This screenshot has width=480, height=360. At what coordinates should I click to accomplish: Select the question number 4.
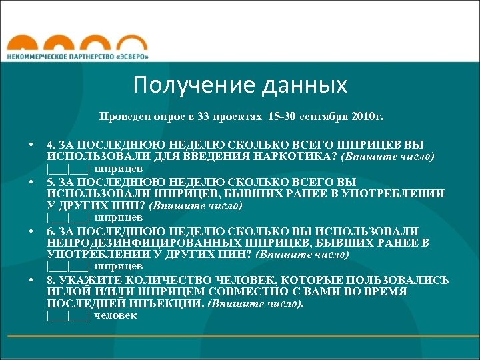pos(51,145)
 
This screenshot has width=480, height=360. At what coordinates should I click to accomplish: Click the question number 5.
pos(51,181)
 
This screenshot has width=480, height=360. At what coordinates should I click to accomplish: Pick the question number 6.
pos(51,230)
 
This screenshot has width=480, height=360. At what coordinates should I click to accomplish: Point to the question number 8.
pos(51,280)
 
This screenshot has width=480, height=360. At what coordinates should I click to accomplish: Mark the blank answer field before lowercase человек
pos(68,315)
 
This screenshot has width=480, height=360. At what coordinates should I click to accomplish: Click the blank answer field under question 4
pos(68,169)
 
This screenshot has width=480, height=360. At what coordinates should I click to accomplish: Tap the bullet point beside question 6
pos(31,231)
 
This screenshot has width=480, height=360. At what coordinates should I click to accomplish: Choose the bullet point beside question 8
pos(31,280)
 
